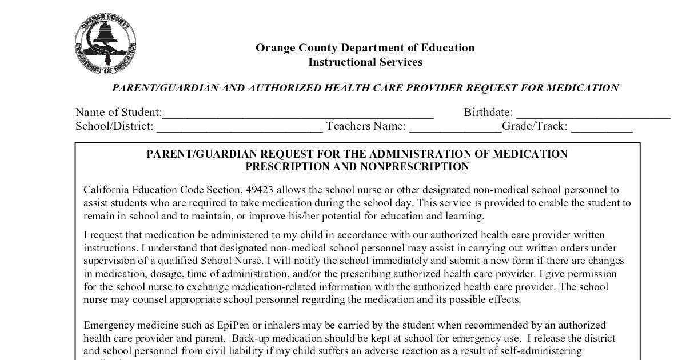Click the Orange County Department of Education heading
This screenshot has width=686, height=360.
[x=365, y=48]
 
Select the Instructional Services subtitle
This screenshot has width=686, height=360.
[x=365, y=62]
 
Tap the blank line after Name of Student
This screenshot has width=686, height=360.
[x=297, y=114]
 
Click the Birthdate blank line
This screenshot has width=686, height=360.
[x=592, y=114]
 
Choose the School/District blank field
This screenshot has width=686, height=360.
[x=240, y=128]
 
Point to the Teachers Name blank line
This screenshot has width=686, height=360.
[x=455, y=128]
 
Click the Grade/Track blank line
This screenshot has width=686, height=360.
[x=601, y=128]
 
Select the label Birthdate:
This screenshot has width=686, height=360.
[x=488, y=113]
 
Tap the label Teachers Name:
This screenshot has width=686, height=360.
[x=366, y=126]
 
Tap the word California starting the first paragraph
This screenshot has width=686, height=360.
[x=106, y=190]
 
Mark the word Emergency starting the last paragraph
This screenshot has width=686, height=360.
[x=107, y=325]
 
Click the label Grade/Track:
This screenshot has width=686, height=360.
[x=535, y=126]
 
